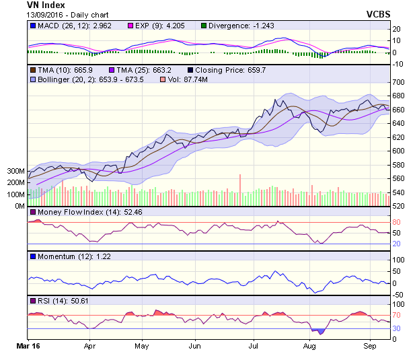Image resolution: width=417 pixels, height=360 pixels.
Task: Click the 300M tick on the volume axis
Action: point(16,172)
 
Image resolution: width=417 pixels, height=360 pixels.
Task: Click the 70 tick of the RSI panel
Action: point(398,315)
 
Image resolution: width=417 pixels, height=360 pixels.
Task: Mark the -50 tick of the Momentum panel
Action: point(398,295)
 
